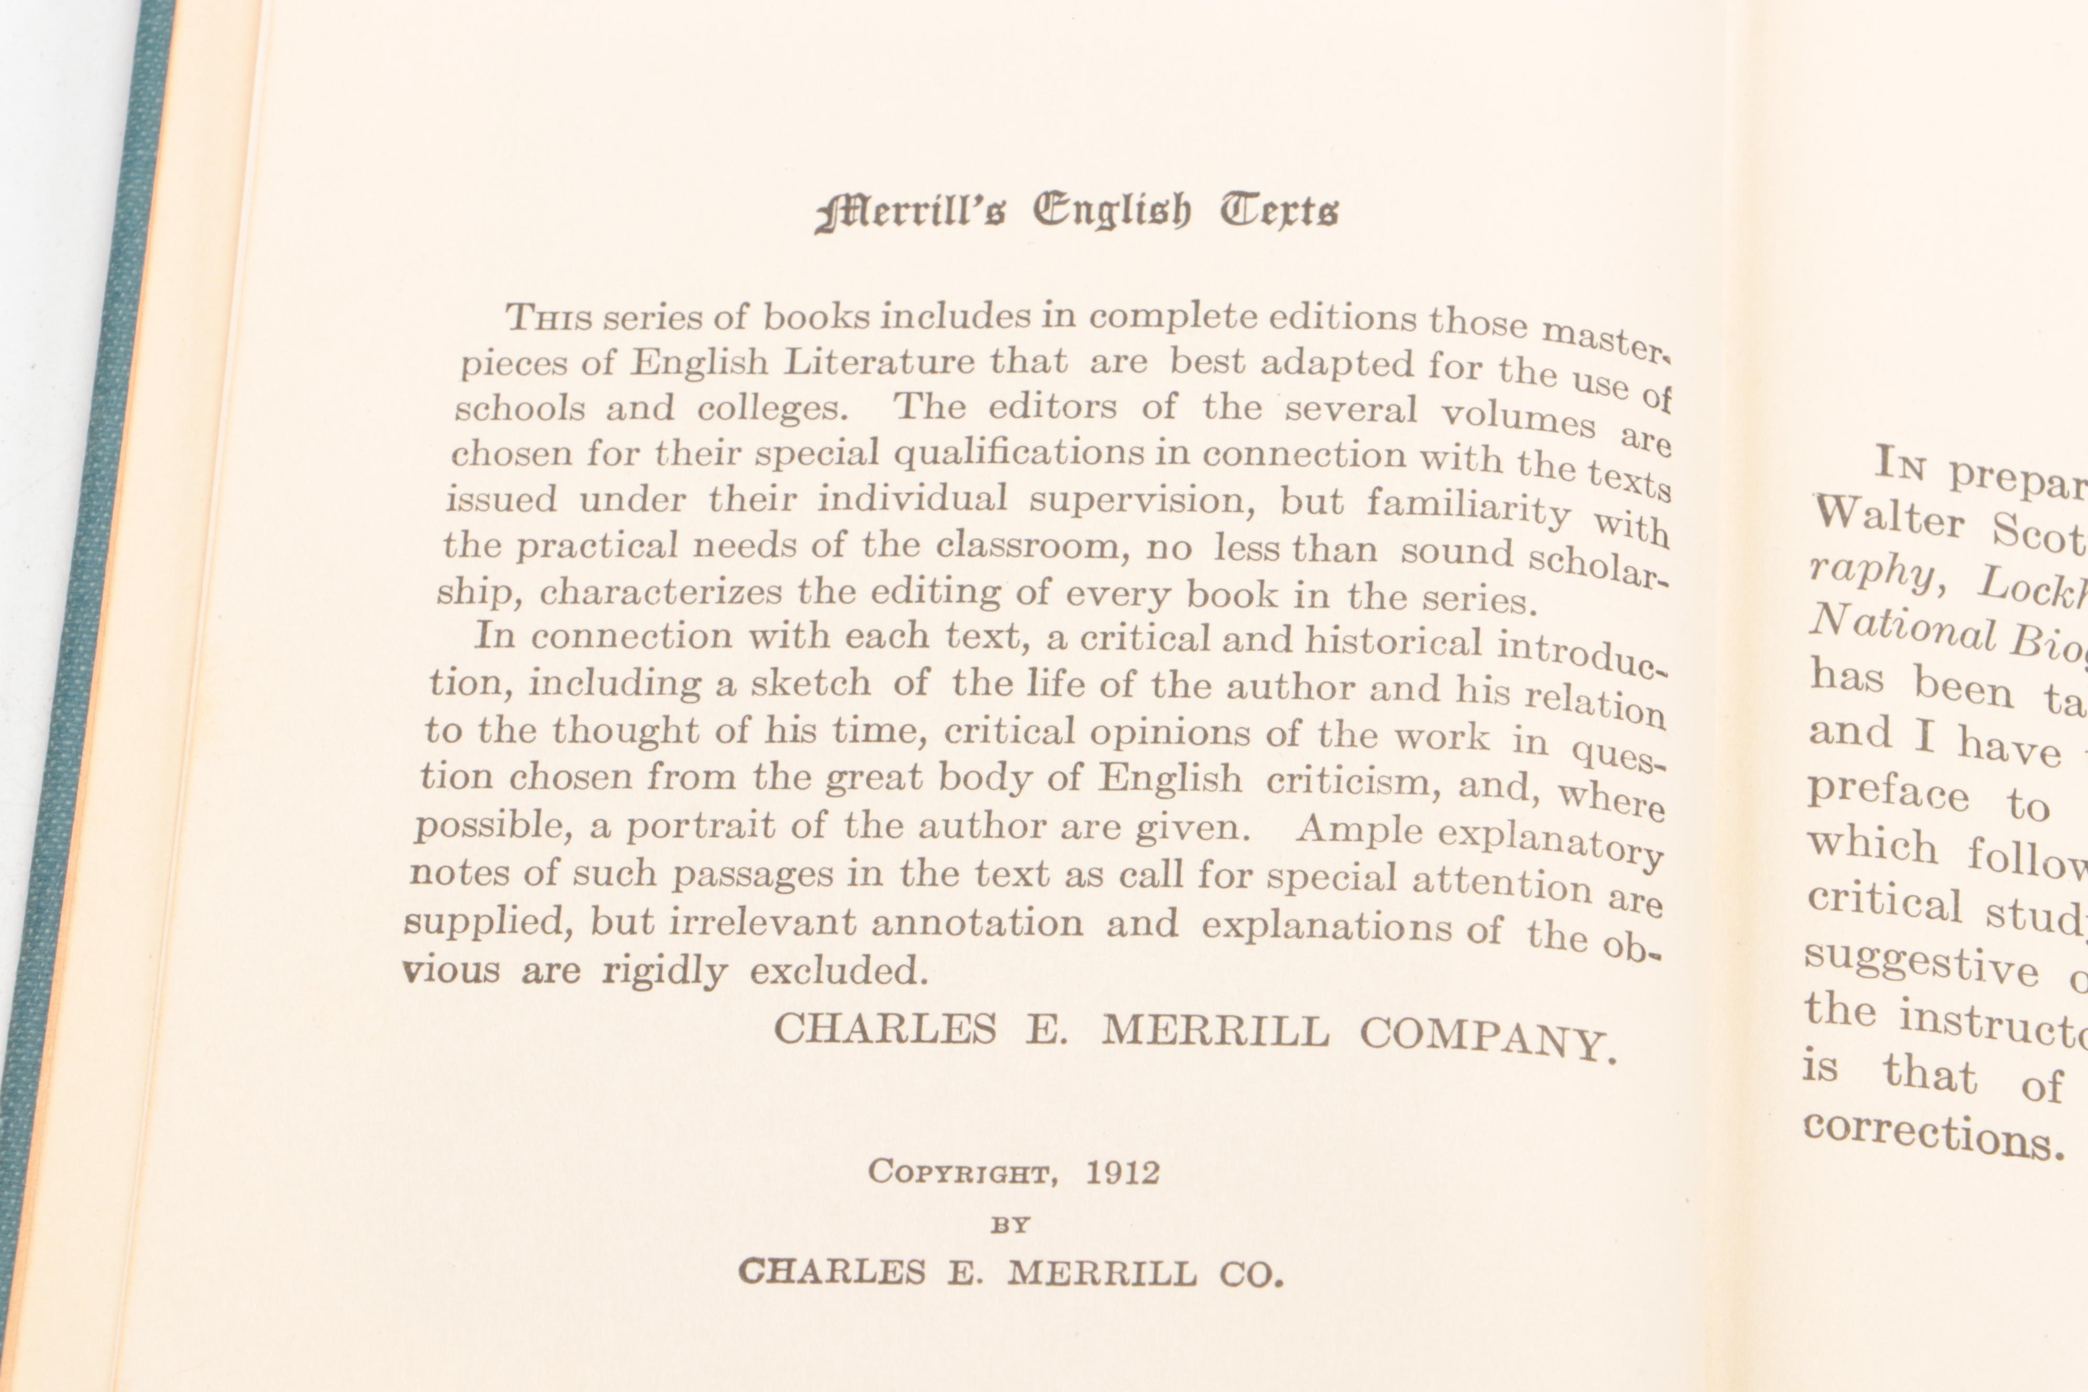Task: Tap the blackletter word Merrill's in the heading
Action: pos(910,214)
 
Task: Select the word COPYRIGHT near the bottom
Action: pos(963,1173)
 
